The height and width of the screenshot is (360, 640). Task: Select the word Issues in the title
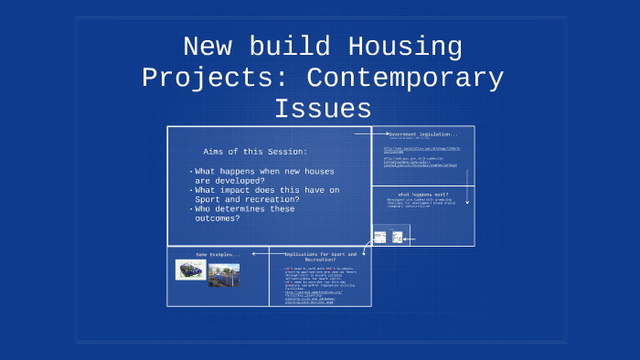(x=322, y=109)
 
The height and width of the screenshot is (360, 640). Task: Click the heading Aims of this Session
(x=255, y=151)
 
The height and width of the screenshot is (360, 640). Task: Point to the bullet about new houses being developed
(x=251, y=175)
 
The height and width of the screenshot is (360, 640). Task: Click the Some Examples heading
(x=218, y=254)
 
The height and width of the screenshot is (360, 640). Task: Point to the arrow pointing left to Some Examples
(x=260, y=253)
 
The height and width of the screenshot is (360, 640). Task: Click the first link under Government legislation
(x=421, y=149)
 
